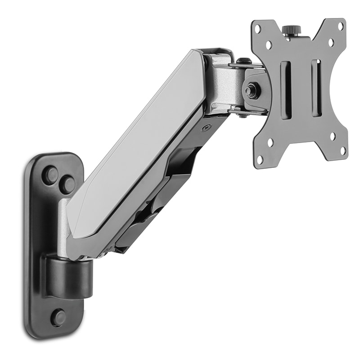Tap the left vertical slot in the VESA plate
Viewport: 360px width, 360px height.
(285, 90)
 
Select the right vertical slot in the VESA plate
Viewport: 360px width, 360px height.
(316, 88)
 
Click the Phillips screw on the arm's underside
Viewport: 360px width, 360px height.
(207, 128)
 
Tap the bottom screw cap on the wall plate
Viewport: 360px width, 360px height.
(58, 317)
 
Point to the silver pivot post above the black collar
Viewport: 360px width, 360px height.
(63, 225)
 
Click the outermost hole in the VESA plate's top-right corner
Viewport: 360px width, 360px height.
(341, 27)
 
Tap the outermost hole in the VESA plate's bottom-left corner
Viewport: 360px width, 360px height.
(260, 158)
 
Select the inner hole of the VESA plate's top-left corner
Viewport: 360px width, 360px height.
(269, 45)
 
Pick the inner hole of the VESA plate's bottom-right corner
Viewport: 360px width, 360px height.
(332, 135)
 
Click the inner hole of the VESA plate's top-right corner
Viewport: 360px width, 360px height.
(331, 43)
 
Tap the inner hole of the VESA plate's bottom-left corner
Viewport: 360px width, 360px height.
(270, 143)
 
